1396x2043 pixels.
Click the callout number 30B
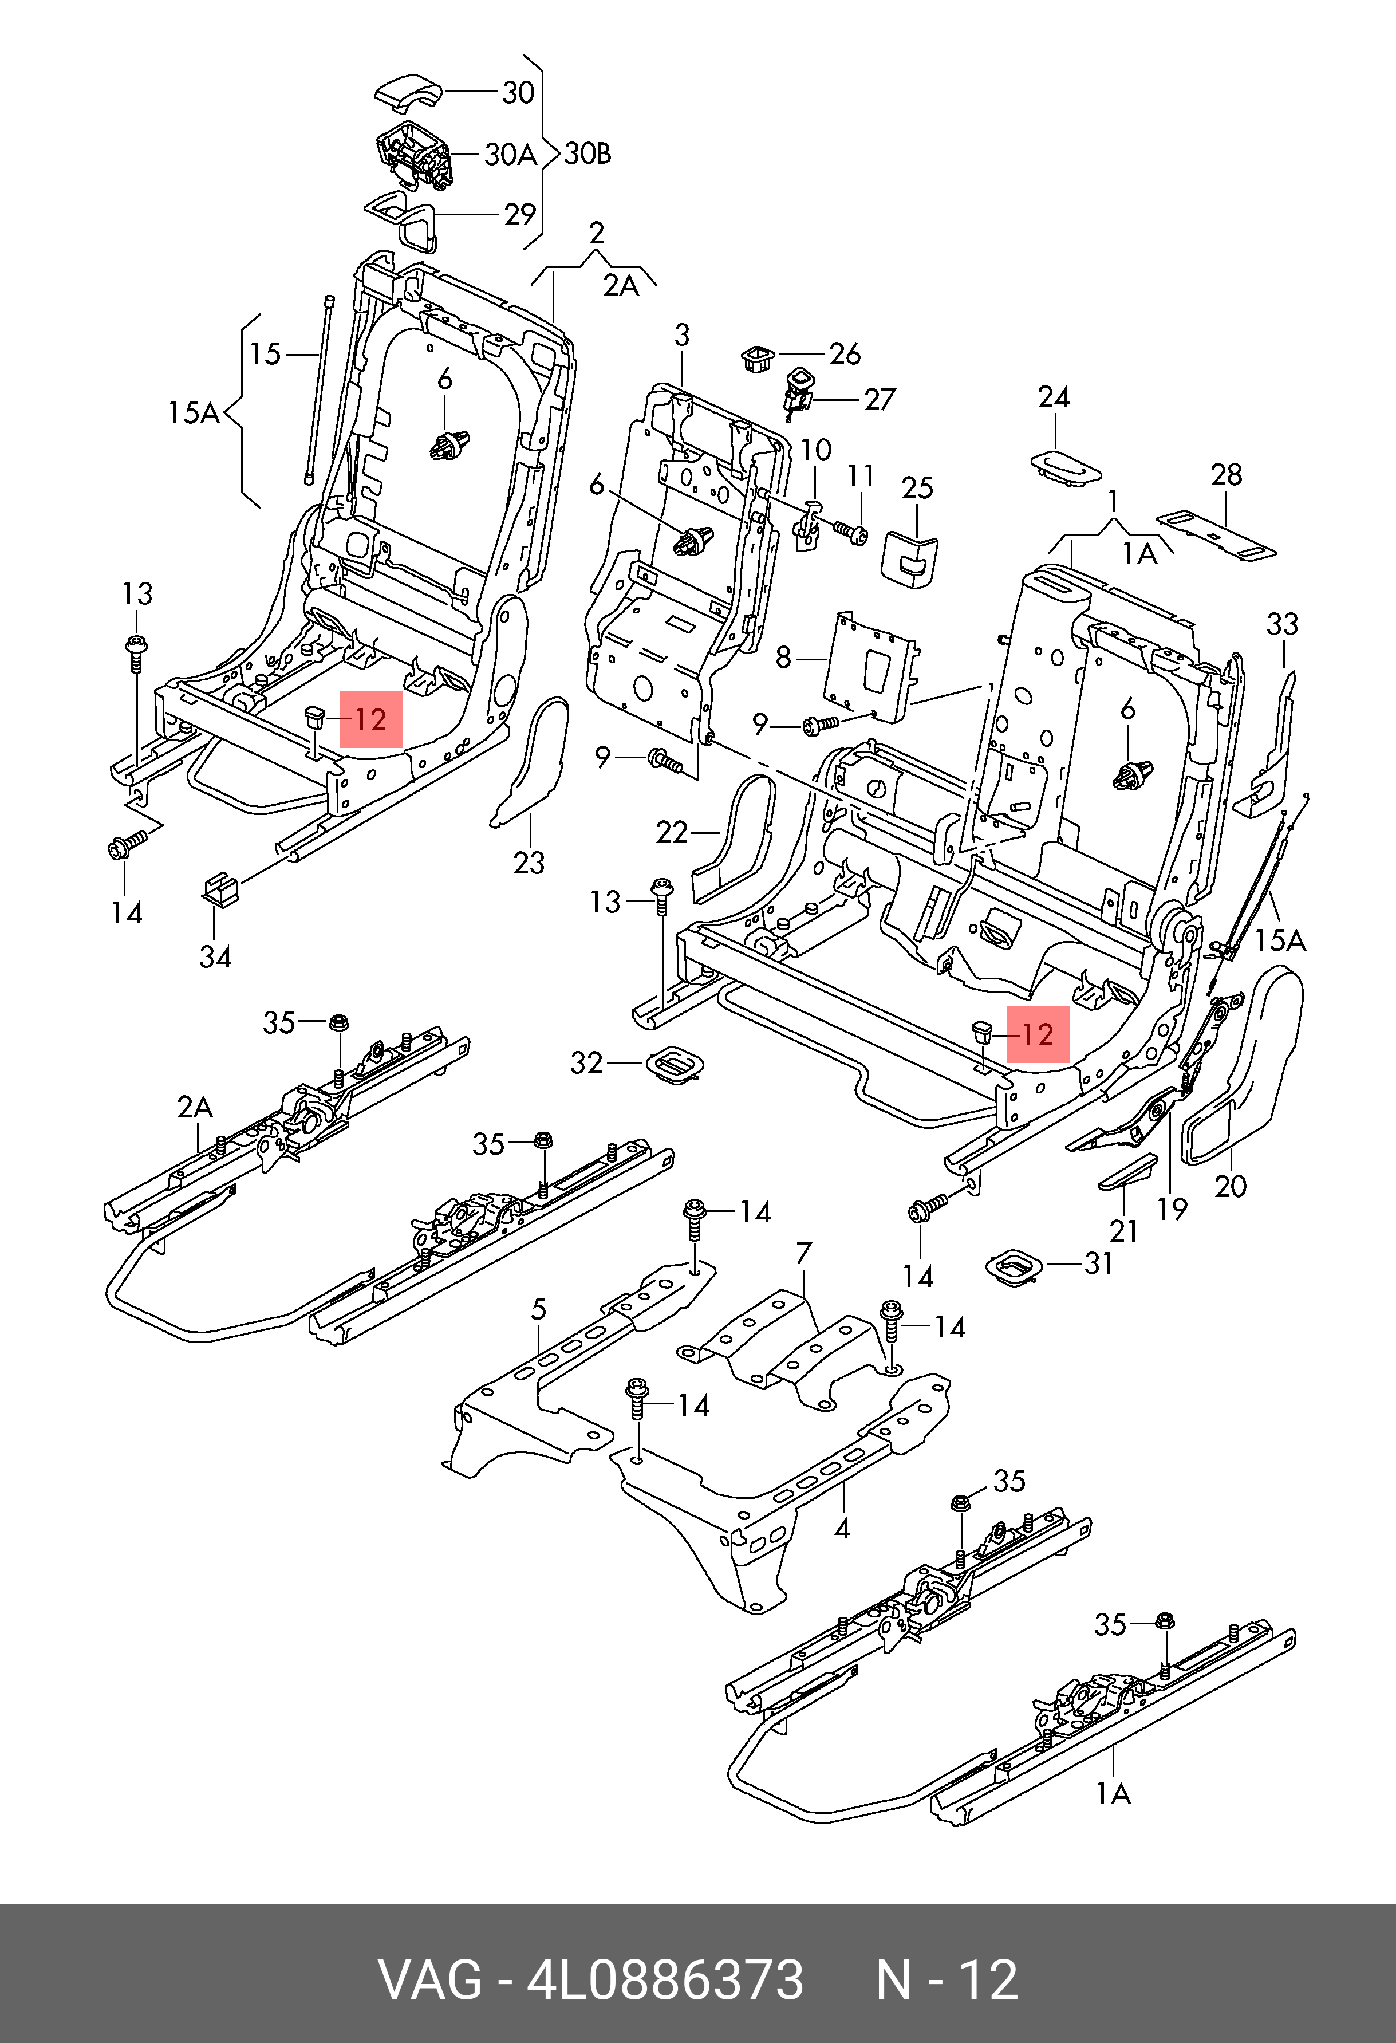[x=587, y=155]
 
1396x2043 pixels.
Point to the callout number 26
[x=845, y=355]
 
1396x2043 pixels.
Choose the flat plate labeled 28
[x=1216, y=534]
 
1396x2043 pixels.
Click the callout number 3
[x=682, y=336]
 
